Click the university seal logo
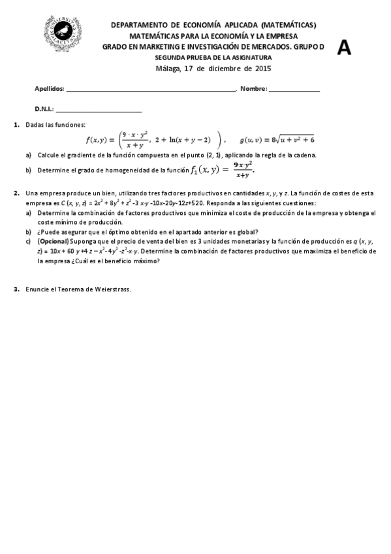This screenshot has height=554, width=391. click(x=64, y=32)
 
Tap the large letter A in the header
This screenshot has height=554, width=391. click(x=344, y=47)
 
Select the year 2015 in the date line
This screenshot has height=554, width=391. click(x=262, y=69)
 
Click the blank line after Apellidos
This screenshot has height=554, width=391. click(x=150, y=90)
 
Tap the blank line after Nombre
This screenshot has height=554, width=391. click(x=294, y=90)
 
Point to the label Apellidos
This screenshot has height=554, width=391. click(x=49, y=89)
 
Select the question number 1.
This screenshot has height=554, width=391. click(x=16, y=125)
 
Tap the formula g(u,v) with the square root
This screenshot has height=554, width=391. click(x=277, y=139)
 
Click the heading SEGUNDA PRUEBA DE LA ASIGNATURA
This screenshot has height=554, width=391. click(x=213, y=57)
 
